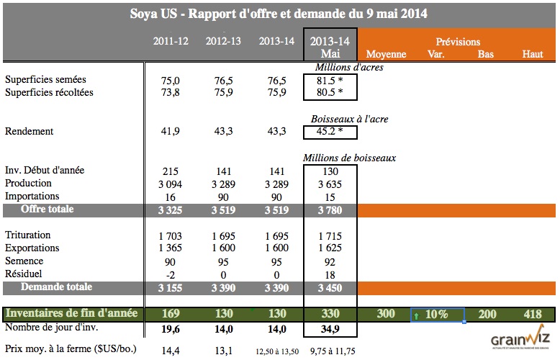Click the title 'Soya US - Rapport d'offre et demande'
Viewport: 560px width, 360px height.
[x=279, y=14]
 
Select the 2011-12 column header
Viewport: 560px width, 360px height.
[x=171, y=41]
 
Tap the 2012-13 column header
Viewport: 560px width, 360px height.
[x=224, y=41]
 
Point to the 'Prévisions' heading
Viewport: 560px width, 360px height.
[x=458, y=42]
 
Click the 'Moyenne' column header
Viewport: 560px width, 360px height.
[x=387, y=54]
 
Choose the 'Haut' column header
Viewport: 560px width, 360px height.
[x=533, y=54]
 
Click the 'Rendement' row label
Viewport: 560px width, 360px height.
[x=30, y=132]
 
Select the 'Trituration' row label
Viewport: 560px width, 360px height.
[x=28, y=235]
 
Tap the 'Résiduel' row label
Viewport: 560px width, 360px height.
[x=24, y=274]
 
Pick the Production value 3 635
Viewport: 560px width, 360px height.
[x=330, y=184]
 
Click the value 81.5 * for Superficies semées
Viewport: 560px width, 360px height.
[x=330, y=80]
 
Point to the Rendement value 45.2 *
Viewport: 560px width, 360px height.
[x=330, y=132]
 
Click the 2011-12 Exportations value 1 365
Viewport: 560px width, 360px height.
[x=171, y=248]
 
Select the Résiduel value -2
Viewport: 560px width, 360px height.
[x=171, y=274]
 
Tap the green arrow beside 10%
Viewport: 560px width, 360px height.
[x=416, y=315]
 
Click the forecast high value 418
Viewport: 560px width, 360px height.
[x=533, y=314]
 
